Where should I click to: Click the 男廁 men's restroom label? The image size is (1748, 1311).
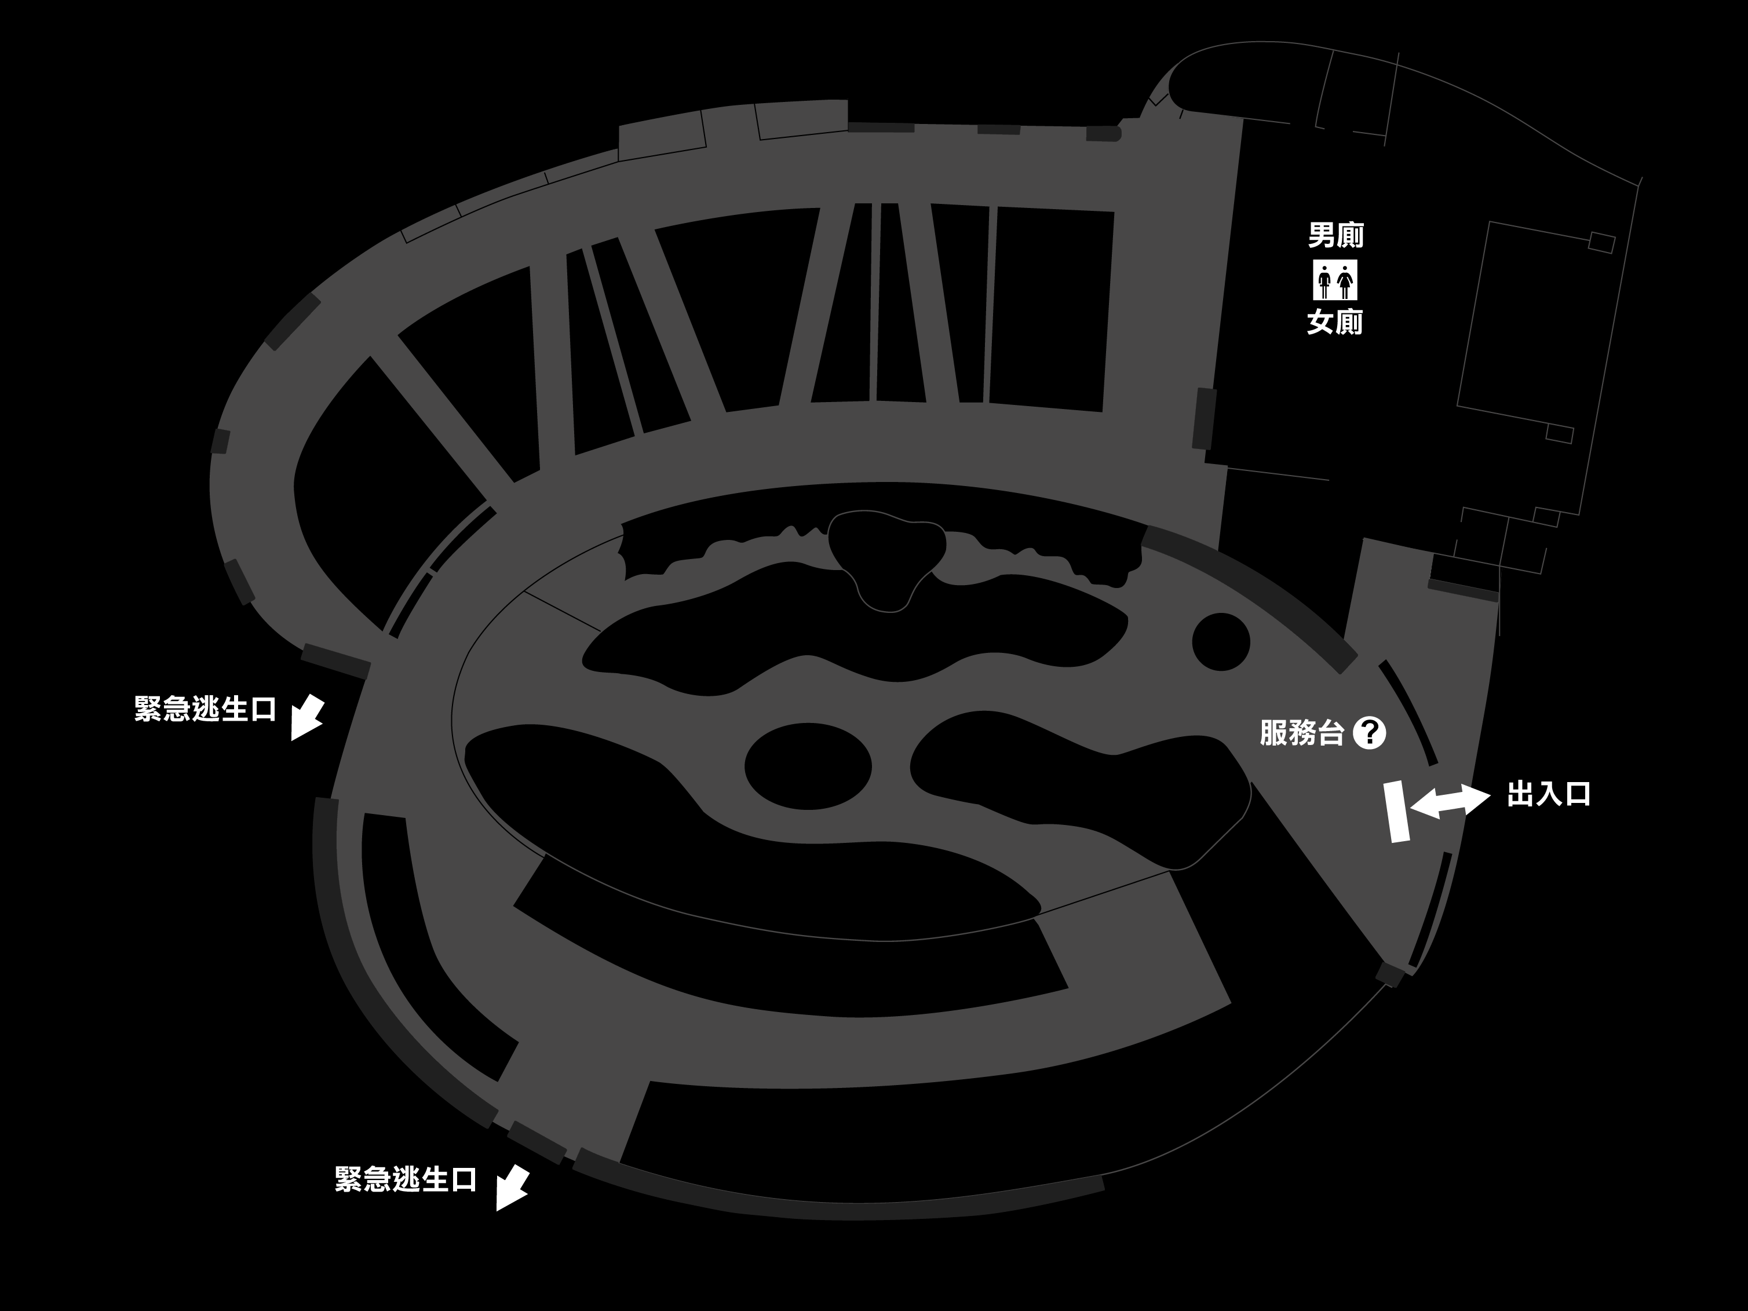click(x=1335, y=235)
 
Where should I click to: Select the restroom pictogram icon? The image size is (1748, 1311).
click(x=1335, y=280)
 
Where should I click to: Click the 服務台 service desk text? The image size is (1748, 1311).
click(x=1301, y=732)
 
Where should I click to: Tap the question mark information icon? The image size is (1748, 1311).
click(x=1370, y=732)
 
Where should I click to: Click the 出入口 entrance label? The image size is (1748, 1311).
click(x=1549, y=794)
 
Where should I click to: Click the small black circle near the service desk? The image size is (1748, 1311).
click(x=1221, y=642)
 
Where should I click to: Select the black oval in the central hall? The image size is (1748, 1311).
click(x=808, y=766)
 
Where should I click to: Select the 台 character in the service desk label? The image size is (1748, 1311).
click(x=1330, y=732)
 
